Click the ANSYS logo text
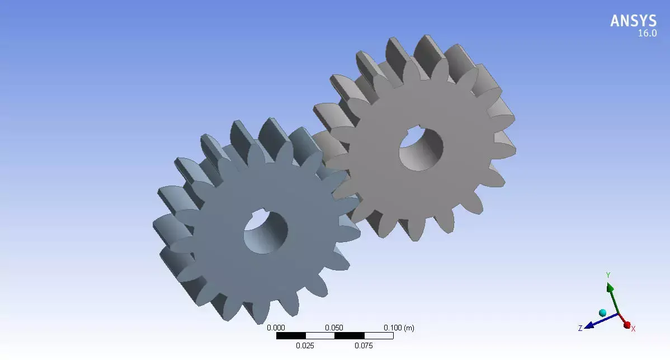(x=633, y=21)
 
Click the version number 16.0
(x=647, y=34)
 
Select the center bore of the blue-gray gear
(x=265, y=232)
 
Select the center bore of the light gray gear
(x=421, y=149)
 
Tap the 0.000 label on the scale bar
(x=276, y=328)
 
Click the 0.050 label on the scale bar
(x=334, y=328)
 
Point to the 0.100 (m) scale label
(x=398, y=328)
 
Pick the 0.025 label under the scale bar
(x=305, y=345)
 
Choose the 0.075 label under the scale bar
(x=364, y=345)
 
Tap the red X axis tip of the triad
(x=626, y=324)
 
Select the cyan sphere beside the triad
(x=602, y=312)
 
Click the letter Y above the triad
(x=608, y=275)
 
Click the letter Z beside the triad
(x=580, y=328)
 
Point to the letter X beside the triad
(x=633, y=329)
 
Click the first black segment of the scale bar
(x=291, y=336)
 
